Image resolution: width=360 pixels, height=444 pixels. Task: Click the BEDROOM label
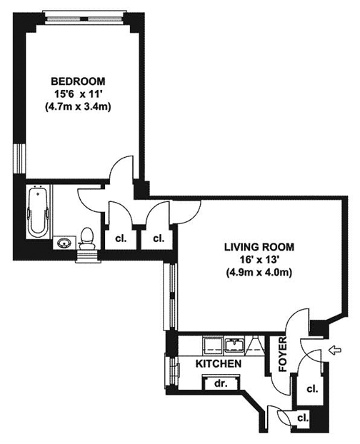point(78,81)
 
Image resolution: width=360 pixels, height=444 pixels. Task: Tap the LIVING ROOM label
point(259,247)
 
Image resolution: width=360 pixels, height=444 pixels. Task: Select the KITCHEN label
point(219,363)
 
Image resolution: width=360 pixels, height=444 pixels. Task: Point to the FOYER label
point(283,354)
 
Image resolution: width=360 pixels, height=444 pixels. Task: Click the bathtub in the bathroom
point(38,211)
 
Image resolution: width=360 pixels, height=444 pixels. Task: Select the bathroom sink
point(65,243)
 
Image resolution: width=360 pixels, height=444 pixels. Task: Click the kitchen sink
point(234,345)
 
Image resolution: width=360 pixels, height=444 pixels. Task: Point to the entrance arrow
point(335,350)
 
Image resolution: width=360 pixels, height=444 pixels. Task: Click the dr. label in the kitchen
point(221,384)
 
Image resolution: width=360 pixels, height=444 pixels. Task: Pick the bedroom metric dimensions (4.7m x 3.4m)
point(78,107)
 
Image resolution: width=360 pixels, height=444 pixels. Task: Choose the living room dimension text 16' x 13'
point(258,260)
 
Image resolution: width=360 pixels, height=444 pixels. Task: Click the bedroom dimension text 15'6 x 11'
point(78,94)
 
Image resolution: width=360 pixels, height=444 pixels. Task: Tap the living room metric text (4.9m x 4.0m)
point(259,273)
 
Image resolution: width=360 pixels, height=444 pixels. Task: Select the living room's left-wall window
point(171,296)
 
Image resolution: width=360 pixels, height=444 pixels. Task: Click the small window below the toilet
point(88,257)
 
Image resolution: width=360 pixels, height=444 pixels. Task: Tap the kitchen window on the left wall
point(171,371)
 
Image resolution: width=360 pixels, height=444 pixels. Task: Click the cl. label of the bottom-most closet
point(303,418)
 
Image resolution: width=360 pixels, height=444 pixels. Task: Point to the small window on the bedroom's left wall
point(19,158)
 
